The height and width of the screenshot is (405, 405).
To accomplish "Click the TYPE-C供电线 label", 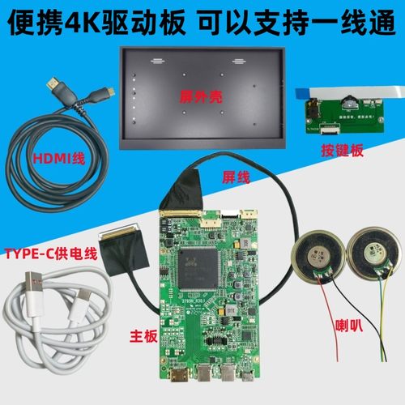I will coord(51,254).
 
